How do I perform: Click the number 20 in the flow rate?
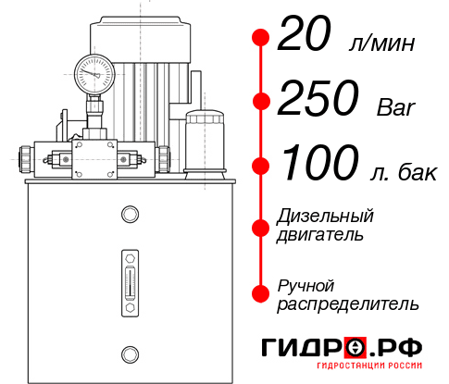point(306,38)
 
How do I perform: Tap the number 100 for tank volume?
point(319,164)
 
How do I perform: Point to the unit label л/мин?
point(380,43)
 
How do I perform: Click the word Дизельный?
point(325,216)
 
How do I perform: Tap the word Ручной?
point(306,284)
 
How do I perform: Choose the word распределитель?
point(348,303)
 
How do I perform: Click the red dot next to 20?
point(261,38)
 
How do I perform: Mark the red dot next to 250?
point(261,101)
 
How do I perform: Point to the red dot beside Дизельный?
point(261,226)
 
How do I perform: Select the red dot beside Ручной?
point(261,293)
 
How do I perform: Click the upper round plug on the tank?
point(129,215)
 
